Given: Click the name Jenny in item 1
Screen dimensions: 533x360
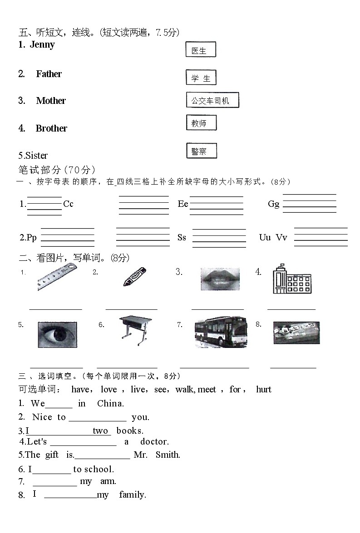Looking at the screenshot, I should coord(42,44).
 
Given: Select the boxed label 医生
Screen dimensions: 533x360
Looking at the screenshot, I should coord(200,50).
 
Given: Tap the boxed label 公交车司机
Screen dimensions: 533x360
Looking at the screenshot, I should coord(212,100).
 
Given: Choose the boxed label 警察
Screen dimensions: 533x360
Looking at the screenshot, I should coord(201,151).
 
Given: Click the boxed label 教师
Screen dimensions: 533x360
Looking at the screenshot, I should coord(201,123).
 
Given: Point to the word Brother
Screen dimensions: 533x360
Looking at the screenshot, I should coord(51,128).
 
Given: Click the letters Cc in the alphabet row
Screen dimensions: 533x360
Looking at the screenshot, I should coord(68,204).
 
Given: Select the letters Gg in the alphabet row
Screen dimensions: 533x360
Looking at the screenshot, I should coord(273,204).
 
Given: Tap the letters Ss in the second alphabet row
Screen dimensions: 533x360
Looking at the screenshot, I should coord(182,238).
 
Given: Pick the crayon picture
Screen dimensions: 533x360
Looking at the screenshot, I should coord(134,277).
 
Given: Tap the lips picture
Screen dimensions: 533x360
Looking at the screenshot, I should coord(220,279).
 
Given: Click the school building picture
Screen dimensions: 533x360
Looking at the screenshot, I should coord(291,279).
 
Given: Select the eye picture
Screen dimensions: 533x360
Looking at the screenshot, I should coord(57,334).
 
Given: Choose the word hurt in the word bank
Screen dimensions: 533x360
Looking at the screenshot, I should coord(263,389).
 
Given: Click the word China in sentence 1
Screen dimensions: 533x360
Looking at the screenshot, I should coord(110,404).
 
